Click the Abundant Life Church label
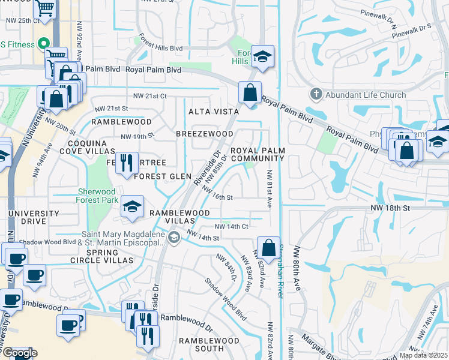[366, 95]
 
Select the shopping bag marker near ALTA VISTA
[250, 93]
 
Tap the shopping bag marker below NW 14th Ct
[269, 247]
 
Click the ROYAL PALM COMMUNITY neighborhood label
[258, 154]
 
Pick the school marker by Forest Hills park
[263, 56]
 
